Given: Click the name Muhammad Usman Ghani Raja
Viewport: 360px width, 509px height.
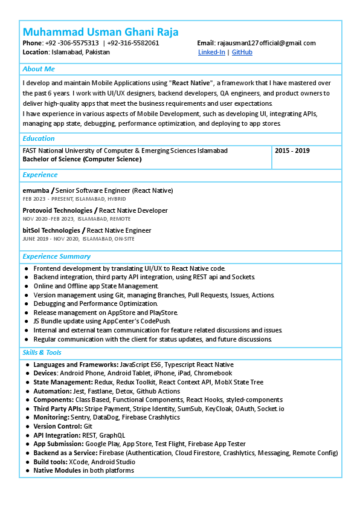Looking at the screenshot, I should coord(100,31).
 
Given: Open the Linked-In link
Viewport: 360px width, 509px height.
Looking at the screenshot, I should coord(211,53).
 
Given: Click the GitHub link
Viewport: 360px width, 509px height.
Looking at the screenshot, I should coord(242,53).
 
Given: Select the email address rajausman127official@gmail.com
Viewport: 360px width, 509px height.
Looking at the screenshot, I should coord(266,43).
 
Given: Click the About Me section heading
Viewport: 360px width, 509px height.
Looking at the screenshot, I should coord(39,69).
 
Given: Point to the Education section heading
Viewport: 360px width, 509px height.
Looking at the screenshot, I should coord(39,138).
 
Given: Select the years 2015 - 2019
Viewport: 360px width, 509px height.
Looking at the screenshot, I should coord(292,151).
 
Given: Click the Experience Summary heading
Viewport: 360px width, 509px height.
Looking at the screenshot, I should coord(56,256).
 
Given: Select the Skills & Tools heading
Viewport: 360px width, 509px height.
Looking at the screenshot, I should coord(42,352).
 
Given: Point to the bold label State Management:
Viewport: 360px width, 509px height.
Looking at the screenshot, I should coord(62,382).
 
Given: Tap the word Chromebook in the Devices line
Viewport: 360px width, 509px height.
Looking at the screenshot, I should coord(214,374).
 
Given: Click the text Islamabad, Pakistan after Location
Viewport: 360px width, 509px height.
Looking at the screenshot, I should coord(80,53).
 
